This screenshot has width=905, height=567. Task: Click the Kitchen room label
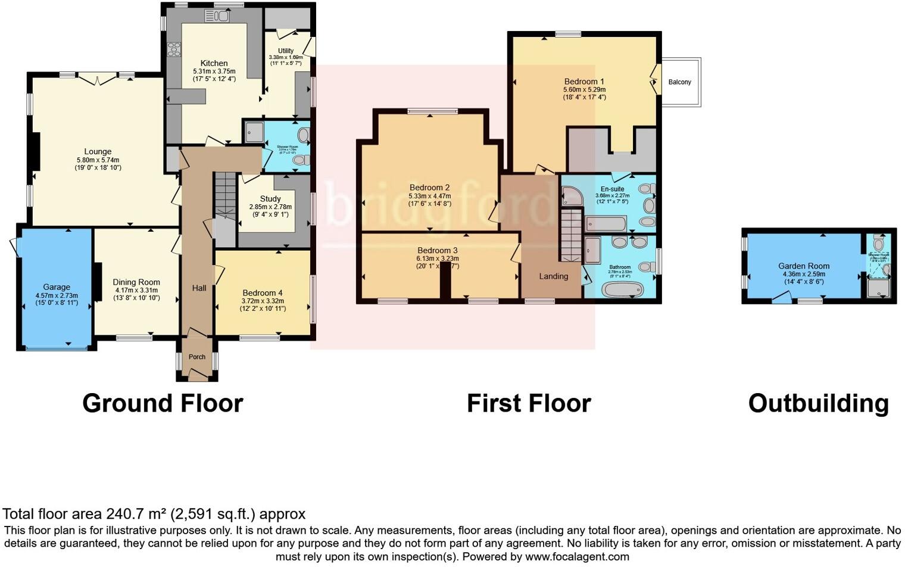click(214, 63)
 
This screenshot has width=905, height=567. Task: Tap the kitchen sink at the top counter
click(216, 16)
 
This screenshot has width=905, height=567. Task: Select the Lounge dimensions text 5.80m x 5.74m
click(98, 160)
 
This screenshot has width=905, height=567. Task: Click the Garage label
click(57, 287)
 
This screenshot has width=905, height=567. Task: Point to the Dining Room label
click(136, 282)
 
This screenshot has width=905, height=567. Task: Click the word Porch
click(197, 357)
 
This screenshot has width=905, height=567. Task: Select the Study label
click(270, 199)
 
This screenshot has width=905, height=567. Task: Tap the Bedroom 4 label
click(263, 293)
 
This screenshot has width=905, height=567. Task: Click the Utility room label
click(286, 51)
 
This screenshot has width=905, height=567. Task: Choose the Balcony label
click(680, 82)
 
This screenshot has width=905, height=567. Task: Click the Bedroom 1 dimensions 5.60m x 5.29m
click(584, 90)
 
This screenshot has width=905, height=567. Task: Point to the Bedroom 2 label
click(429, 188)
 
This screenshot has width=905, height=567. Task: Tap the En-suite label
click(612, 189)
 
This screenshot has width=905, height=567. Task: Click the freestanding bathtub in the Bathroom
click(622, 290)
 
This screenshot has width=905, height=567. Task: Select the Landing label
click(553, 276)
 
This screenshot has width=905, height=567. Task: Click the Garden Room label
click(803, 266)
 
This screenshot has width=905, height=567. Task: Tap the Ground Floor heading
click(163, 403)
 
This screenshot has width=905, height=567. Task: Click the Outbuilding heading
click(818, 403)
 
